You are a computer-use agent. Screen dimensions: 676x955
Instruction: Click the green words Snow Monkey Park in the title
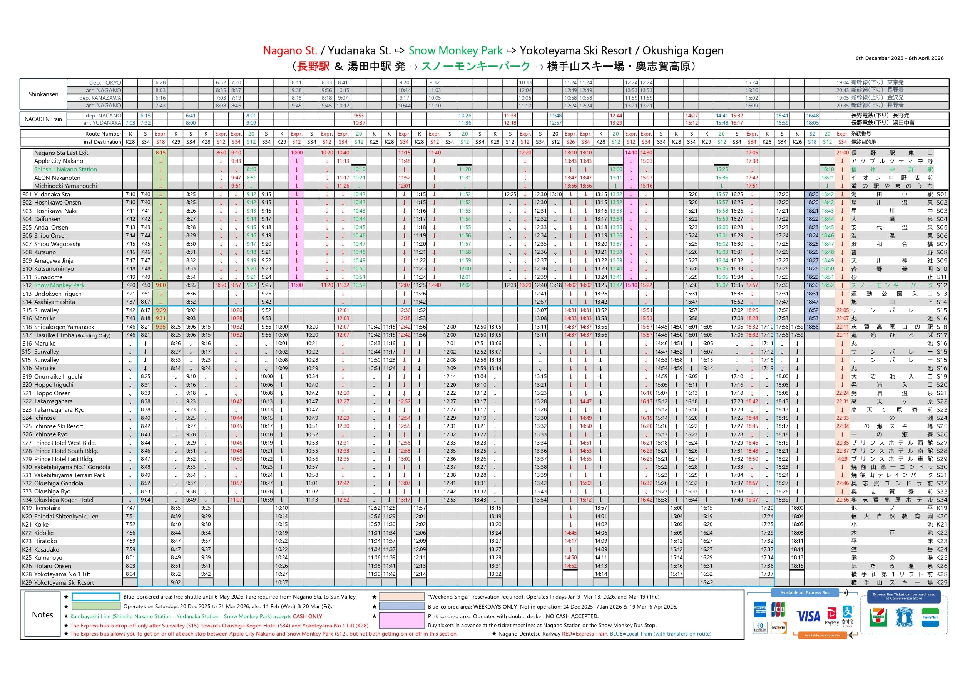[x=455, y=51]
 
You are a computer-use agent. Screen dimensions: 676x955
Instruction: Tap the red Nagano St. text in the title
[x=289, y=51]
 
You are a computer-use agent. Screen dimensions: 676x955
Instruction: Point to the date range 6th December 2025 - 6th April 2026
[x=899, y=58]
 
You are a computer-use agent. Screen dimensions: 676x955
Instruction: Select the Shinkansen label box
[x=43, y=94]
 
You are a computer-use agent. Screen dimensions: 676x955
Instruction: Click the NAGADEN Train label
[x=43, y=119]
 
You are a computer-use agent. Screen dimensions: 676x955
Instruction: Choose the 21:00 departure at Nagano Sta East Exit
[x=842, y=153]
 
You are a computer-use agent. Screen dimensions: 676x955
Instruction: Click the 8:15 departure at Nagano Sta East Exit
[x=161, y=153]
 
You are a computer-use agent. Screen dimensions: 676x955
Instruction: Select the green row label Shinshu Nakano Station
[x=65, y=169]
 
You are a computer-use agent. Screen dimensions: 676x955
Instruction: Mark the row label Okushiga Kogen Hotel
[x=64, y=500]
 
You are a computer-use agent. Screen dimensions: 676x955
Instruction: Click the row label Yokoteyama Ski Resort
[x=64, y=583]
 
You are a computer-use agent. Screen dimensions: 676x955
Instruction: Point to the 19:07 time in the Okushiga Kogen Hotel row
[x=752, y=500]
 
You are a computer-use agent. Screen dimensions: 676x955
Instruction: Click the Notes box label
[x=42, y=615]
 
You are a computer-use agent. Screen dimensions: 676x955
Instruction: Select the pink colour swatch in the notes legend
[x=401, y=620]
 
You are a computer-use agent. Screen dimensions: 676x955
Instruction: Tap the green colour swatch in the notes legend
[x=96, y=607]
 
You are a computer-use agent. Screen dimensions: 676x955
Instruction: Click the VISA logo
[x=809, y=616]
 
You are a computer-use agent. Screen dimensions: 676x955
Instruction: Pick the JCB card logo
[x=778, y=610]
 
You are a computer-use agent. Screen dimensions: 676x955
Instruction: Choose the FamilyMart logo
[x=930, y=618]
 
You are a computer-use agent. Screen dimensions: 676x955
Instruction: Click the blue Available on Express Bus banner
[x=804, y=593]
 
